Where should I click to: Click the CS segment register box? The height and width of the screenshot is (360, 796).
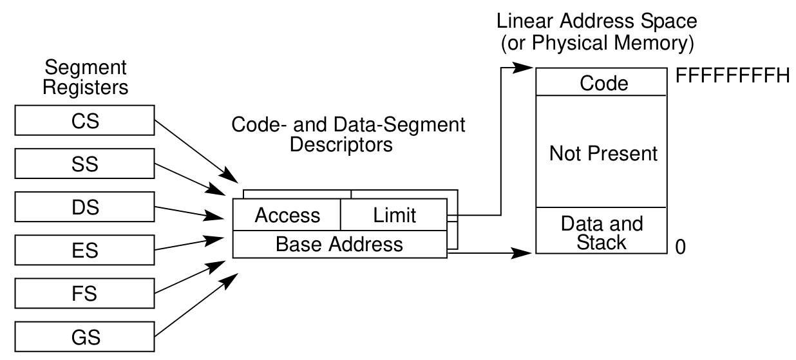click(x=86, y=121)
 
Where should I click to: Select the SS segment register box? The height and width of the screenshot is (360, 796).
click(x=86, y=164)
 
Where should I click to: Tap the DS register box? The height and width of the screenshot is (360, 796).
click(x=86, y=207)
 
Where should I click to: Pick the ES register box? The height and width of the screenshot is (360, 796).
click(x=86, y=251)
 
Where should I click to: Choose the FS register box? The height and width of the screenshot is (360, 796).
click(x=86, y=294)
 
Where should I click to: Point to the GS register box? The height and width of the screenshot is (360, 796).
click(x=86, y=337)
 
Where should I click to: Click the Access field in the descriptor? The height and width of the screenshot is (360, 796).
click(x=287, y=215)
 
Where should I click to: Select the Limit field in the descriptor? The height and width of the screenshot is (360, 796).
click(x=394, y=215)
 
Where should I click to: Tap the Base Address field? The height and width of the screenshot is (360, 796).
click(x=339, y=244)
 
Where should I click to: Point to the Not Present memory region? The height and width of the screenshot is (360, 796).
click(x=604, y=153)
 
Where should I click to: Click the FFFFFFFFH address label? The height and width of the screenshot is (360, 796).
click(x=732, y=76)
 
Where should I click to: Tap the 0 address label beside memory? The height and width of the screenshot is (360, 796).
click(x=680, y=247)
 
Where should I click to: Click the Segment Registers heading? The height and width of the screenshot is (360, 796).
click(x=86, y=77)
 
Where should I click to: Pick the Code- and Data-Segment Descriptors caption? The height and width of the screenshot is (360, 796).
click(x=348, y=134)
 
